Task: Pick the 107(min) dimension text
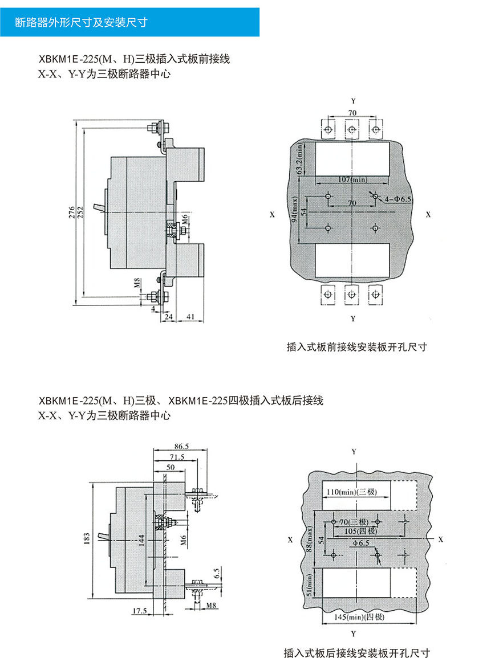click(352, 180)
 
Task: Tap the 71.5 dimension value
click(177, 457)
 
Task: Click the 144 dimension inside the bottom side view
click(141, 538)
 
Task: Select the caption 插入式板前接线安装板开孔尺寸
click(357, 346)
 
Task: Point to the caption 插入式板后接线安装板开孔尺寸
click(357, 653)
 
